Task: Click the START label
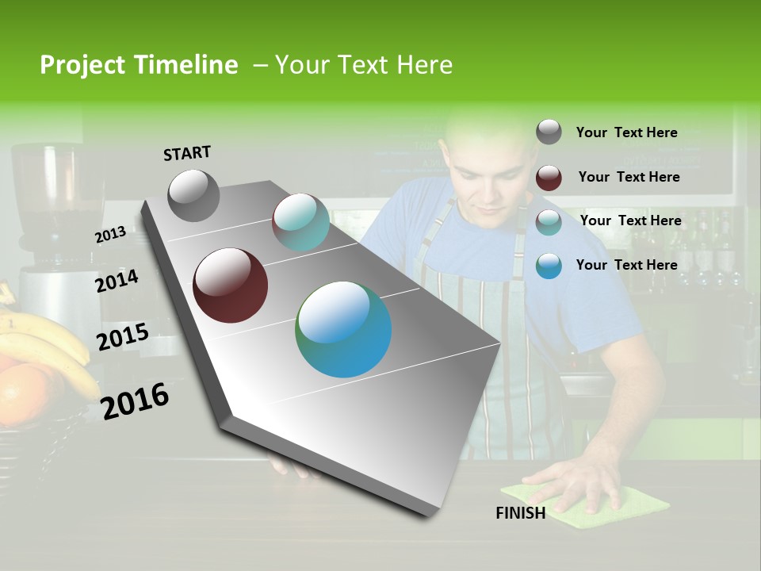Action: tap(187, 153)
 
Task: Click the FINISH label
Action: tap(521, 513)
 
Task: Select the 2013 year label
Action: tap(110, 235)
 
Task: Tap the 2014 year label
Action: tap(117, 282)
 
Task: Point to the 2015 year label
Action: tap(123, 337)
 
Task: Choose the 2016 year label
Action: tap(136, 400)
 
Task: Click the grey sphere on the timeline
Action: tap(193, 195)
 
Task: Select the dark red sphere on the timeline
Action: tap(230, 285)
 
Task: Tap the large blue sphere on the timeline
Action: tap(343, 329)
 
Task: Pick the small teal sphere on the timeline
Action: tap(300, 222)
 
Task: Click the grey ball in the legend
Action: tap(549, 132)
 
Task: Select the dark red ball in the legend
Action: tap(549, 178)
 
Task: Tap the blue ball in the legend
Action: tap(549, 266)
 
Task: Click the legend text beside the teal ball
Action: tap(630, 220)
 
